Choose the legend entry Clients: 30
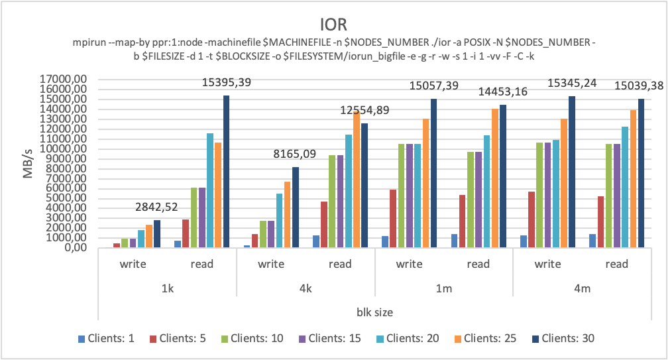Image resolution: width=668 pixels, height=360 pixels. [x=563, y=338]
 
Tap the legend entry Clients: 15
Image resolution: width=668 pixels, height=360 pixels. [x=335, y=338]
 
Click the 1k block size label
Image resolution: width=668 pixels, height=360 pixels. [x=167, y=289]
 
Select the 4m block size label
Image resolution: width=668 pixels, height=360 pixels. [x=582, y=289]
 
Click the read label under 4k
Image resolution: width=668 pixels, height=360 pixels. [x=340, y=264]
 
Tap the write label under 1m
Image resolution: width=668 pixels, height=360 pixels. [x=409, y=264]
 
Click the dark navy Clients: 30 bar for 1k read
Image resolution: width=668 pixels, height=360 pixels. [x=226, y=172]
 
